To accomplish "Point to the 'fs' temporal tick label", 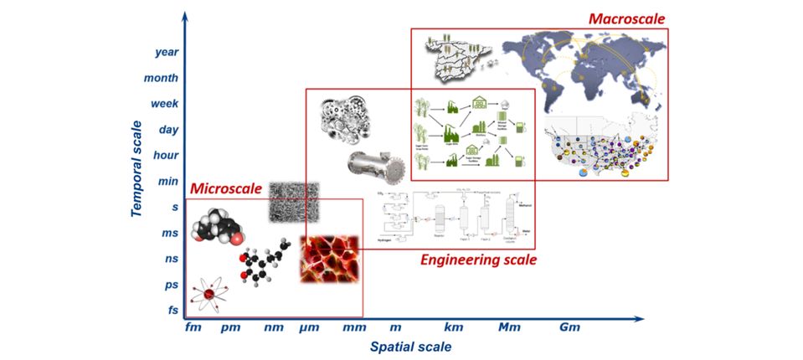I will (x=173, y=311).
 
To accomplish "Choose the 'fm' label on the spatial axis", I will (x=194, y=328).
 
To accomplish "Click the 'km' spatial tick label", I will (x=453, y=328).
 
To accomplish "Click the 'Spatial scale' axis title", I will (x=410, y=347).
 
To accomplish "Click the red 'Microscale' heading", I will (x=226, y=188).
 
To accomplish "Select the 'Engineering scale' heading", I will (x=478, y=260).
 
